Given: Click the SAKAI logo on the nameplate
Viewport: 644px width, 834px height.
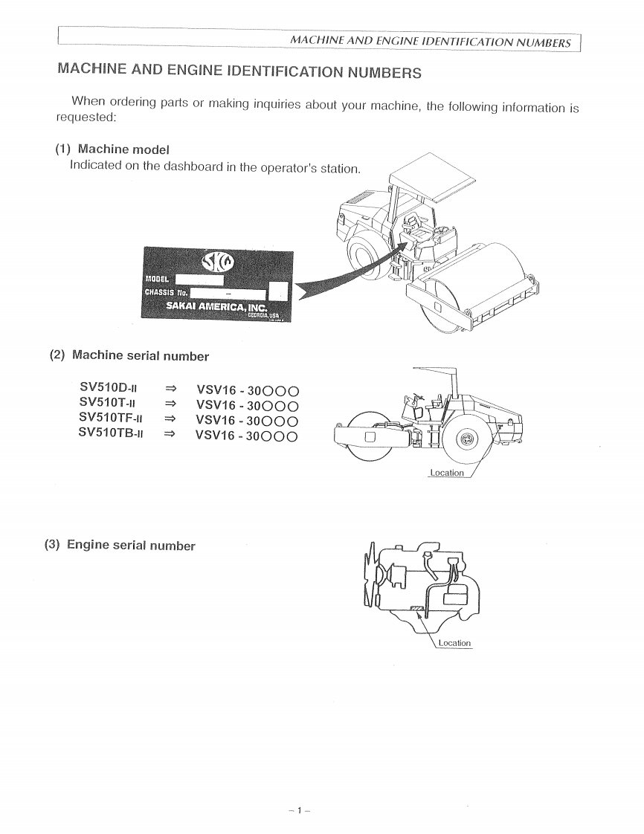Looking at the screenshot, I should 216,261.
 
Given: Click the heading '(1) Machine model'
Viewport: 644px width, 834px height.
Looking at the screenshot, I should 112,150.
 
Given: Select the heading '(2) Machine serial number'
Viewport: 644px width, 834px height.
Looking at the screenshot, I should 129,355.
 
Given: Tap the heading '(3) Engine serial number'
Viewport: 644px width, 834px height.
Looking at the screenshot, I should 120,545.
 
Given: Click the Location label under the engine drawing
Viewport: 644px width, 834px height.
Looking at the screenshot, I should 454,643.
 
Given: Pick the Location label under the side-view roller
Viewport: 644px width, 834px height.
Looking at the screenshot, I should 447,473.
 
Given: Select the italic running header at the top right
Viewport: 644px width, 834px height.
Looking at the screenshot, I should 431,42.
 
